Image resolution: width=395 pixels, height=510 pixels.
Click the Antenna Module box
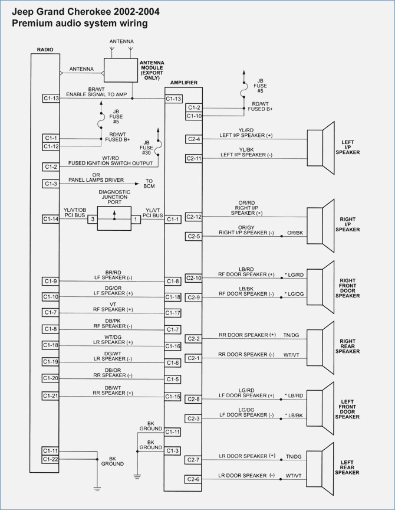[x=120, y=71]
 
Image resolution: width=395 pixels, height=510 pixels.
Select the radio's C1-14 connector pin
[x=51, y=219]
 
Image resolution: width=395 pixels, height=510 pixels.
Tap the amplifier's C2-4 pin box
[x=194, y=139]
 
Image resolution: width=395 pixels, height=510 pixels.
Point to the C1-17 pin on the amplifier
[x=173, y=313]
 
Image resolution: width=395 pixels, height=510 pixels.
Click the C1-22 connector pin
[x=51, y=459]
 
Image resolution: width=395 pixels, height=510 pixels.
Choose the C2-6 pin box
[x=194, y=479]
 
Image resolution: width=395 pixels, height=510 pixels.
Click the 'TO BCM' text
[x=149, y=184]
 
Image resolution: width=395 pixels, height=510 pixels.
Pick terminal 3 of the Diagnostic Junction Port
[x=91, y=219]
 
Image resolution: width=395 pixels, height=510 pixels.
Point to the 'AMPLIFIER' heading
[x=183, y=83]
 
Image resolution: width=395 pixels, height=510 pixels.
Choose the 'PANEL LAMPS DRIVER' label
[x=95, y=179]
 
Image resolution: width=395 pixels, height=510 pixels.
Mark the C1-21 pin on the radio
[x=51, y=395]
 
